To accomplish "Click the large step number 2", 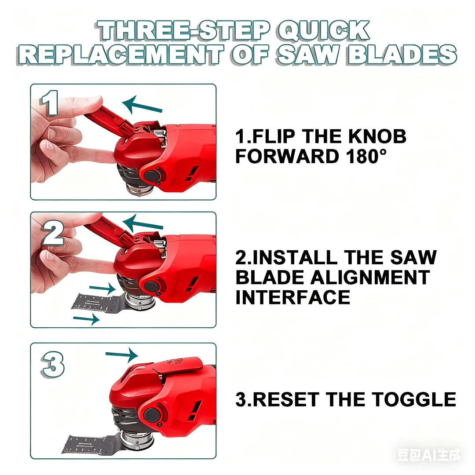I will point(52,233).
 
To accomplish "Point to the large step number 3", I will point(53,365).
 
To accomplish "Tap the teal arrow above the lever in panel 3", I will point(122,354).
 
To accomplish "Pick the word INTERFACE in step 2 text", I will point(292,298).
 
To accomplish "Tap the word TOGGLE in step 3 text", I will point(413,399).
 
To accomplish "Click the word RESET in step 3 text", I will point(283,399).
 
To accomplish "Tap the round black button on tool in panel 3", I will point(152,414).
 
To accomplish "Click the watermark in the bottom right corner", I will point(429,455).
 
